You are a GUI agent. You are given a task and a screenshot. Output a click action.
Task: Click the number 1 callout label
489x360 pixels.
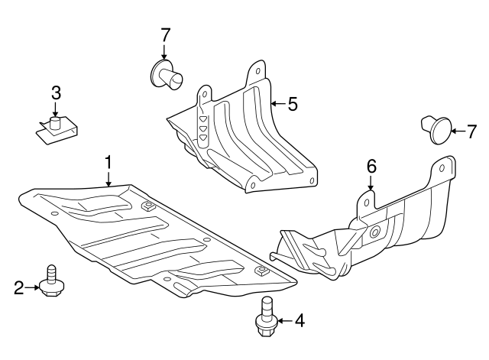(108, 162)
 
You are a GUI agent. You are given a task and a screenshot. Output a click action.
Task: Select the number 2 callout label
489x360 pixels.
(18, 287)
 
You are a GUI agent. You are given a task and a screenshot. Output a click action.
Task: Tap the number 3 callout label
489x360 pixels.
(56, 93)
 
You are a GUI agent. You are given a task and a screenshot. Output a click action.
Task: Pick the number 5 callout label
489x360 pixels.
(292, 103)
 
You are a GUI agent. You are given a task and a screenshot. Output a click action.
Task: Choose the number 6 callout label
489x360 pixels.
(371, 166)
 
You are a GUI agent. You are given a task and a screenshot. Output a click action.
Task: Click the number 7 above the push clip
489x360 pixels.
(165, 34)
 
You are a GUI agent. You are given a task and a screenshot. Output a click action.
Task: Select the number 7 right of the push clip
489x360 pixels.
(471, 130)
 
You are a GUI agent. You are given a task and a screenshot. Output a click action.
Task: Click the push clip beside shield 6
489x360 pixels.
(436, 130)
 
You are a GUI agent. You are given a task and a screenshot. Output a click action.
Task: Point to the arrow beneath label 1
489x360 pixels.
(108, 179)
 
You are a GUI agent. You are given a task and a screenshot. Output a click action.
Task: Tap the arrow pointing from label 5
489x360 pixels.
(278, 103)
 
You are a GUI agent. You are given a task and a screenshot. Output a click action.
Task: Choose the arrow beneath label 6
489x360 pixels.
(371, 182)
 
